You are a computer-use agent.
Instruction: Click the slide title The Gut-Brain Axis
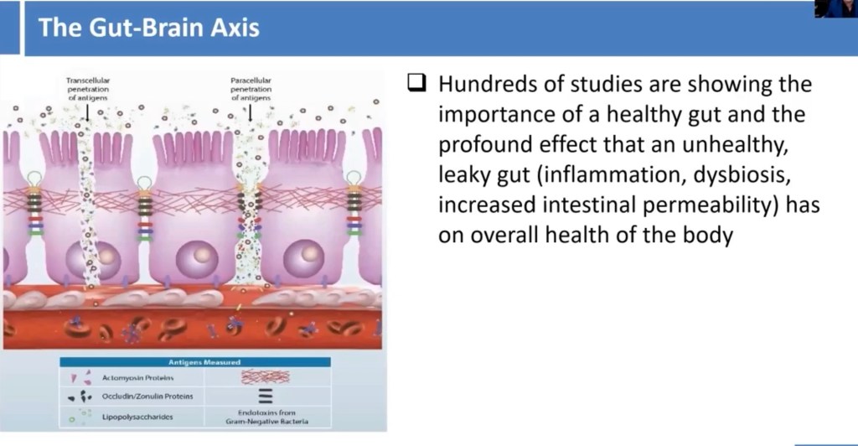coord(149,28)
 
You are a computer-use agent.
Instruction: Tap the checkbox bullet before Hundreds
coord(416,83)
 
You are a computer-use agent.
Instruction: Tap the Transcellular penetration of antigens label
coord(87,89)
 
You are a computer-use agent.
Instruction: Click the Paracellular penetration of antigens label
coord(251,89)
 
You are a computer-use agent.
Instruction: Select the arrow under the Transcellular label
coord(87,111)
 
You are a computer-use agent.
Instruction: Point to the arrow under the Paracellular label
coord(250,111)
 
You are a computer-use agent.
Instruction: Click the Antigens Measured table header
coord(204,362)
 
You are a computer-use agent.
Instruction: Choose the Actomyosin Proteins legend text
coord(137,377)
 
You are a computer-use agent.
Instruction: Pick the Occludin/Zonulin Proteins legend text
coord(147,397)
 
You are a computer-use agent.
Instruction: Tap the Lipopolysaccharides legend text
coord(137,417)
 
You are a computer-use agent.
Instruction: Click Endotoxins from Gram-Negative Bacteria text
coord(266,417)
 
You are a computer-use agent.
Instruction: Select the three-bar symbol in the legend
coord(266,396)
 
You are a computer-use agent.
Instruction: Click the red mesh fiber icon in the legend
coord(266,376)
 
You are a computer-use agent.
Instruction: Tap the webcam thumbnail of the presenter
coord(835,8)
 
